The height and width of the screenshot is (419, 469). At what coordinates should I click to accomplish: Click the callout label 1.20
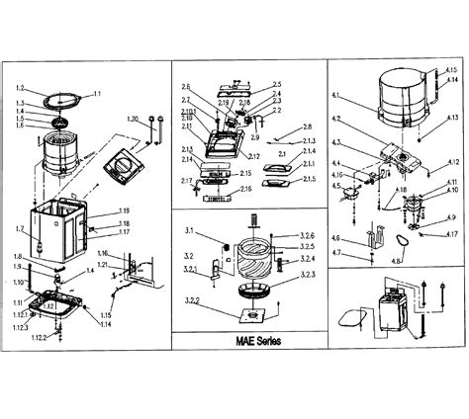pos(132,119)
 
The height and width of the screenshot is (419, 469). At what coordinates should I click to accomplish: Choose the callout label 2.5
pos(277,84)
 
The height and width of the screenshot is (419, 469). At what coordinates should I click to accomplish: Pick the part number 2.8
pos(307,126)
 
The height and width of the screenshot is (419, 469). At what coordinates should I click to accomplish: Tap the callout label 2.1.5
pos(310,178)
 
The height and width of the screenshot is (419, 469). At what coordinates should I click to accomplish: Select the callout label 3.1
pos(191,230)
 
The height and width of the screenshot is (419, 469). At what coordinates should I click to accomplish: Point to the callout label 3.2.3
pos(306,274)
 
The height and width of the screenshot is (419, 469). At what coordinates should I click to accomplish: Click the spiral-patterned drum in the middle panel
pos(254,259)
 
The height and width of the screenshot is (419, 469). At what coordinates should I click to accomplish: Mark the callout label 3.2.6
pos(307,236)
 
